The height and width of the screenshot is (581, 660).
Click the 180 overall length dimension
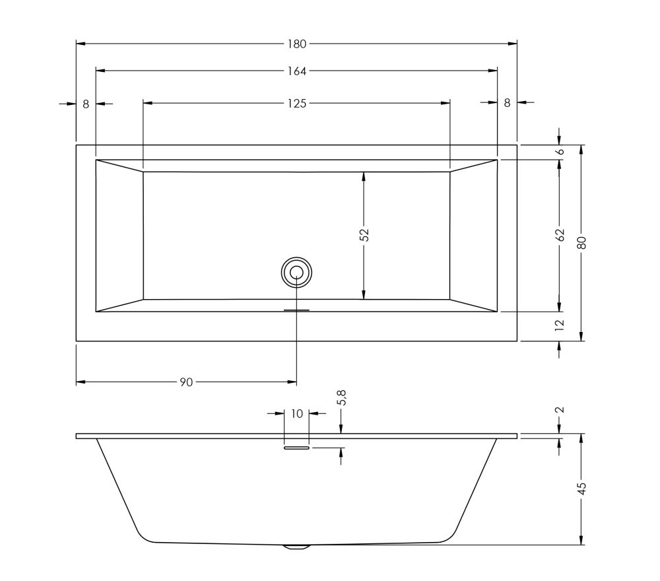[x=297, y=44]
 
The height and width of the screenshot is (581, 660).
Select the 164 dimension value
[x=297, y=71]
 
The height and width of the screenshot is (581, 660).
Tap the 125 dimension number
[x=297, y=103]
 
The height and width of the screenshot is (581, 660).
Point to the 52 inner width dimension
[x=364, y=235]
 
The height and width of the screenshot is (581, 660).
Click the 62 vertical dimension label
[x=560, y=235]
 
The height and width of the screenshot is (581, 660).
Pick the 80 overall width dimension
[x=582, y=242]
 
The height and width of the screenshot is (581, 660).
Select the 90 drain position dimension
[x=186, y=382]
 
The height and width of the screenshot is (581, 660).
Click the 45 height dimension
[x=582, y=488]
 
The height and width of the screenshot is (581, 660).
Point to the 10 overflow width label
[x=297, y=414]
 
